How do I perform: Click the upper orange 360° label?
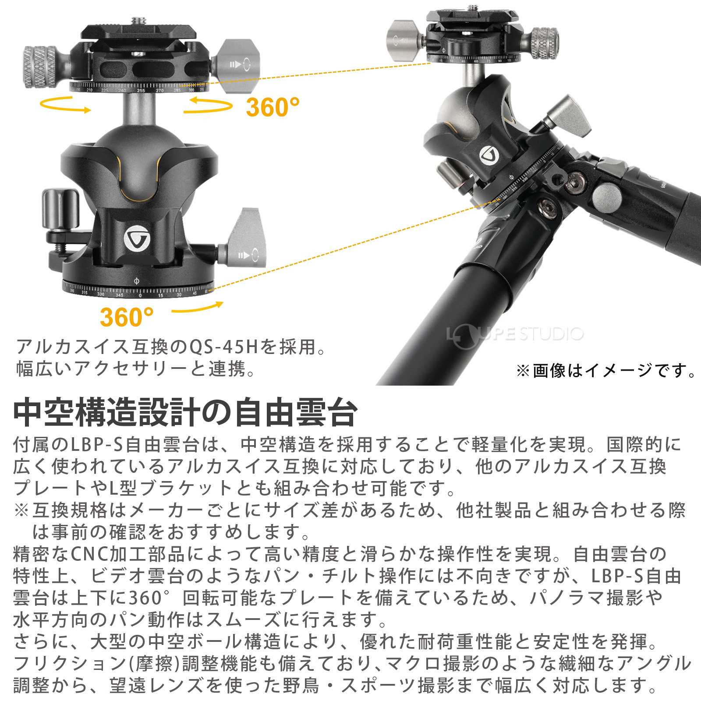pyautogui.click(x=273, y=107)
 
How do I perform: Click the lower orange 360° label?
pyautogui.click(x=127, y=317)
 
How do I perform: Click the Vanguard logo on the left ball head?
pyautogui.click(x=137, y=239)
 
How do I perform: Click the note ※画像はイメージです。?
pyautogui.click(x=606, y=371)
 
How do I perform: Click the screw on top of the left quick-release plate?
pyautogui.click(x=139, y=20)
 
